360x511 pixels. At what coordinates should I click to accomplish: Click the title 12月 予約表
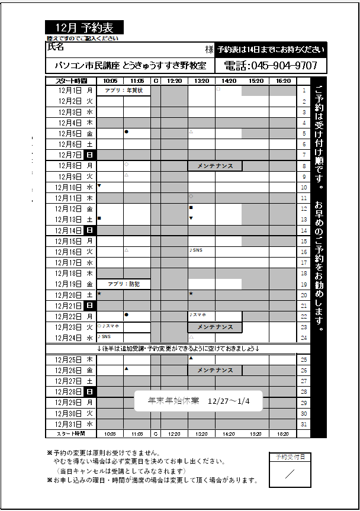coord(84,28)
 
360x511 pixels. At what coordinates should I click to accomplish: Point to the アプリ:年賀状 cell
coord(124,91)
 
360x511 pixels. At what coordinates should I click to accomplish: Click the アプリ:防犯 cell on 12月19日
coord(123,284)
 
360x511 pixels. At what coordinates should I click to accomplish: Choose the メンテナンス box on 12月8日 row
coord(215,166)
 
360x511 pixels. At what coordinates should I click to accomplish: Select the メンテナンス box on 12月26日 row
coord(215,370)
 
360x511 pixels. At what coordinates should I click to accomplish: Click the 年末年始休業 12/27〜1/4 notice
coord(199,401)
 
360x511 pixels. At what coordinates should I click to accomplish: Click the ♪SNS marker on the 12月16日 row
coord(195,250)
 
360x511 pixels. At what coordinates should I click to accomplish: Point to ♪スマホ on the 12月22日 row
coord(197,314)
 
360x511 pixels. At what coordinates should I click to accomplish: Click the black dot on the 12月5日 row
coord(127,131)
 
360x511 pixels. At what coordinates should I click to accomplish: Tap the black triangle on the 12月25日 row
coord(191,358)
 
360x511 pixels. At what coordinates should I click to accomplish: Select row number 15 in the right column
coord(304,242)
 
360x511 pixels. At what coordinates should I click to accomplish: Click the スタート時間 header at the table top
coord(71,81)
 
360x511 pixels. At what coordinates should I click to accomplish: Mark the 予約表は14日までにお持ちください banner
coord(270,49)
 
